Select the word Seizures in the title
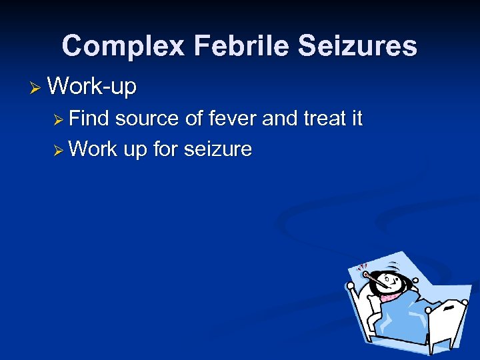[358, 47]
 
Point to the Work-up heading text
[92, 86]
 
